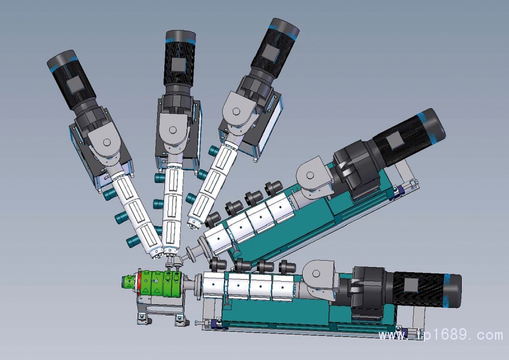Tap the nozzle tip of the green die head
tap(125, 282)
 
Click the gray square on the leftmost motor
tap(75, 85)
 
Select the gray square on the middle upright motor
tap(178, 65)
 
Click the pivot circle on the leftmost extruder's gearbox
tap(107, 142)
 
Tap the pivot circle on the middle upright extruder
tap(172, 130)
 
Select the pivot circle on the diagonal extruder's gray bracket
tap(310, 176)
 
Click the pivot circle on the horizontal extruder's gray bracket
tap(316, 273)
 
